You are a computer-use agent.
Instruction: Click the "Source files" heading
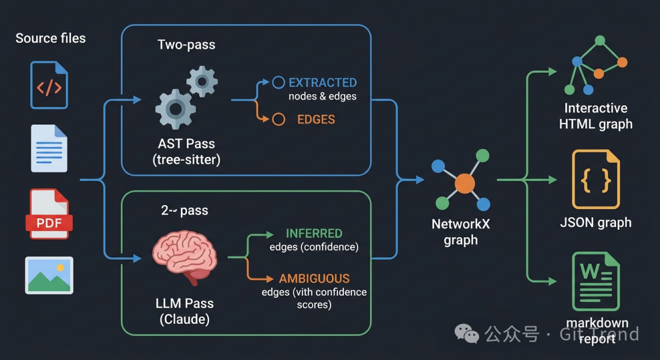coord(50,38)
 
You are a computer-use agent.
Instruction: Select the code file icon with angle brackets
coord(49,86)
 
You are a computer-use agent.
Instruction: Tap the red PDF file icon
coord(49,214)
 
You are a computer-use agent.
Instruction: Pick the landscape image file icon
coord(49,275)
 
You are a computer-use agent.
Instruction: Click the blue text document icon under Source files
coord(49,149)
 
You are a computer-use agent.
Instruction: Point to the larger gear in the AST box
coord(175,109)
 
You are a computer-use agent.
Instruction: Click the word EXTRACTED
coord(322,83)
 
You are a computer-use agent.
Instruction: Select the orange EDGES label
coord(316,119)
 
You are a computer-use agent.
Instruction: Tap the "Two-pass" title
coord(186,45)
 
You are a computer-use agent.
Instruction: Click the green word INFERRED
coord(314,233)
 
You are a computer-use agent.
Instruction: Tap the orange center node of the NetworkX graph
coord(464,183)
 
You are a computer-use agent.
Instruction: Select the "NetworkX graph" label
coord(461,232)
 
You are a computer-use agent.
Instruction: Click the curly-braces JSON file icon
coord(596,179)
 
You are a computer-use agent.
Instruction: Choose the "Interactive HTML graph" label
coord(596,116)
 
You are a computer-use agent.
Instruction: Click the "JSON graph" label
coord(596,222)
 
